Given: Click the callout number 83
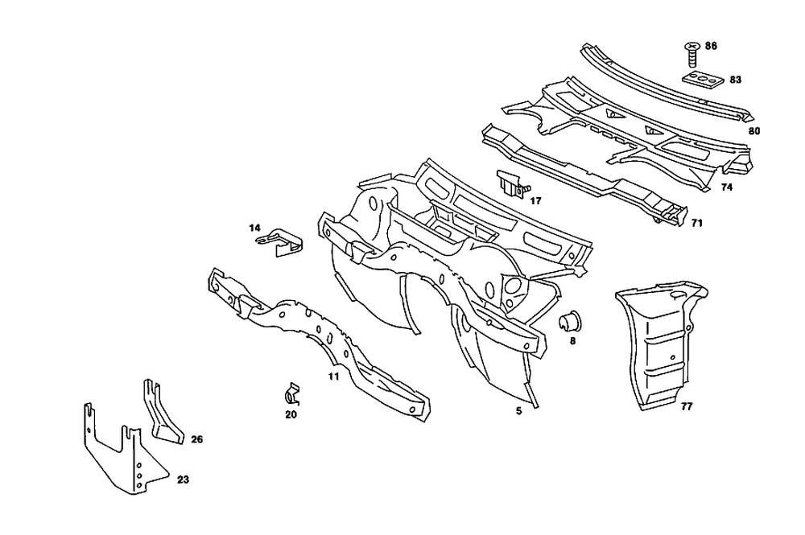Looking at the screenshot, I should click(x=736, y=80).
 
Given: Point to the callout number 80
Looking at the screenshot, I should click(x=754, y=130).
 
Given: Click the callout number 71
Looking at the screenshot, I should click(x=697, y=223).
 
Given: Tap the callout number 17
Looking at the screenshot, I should click(x=535, y=200).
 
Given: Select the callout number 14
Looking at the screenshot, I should click(x=255, y=228).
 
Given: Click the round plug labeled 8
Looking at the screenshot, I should click(x=570, y=322).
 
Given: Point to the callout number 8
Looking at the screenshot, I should click(x=572, y=341).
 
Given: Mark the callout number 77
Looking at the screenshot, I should click(x=686, y=407).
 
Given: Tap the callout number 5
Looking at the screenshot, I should click(x=519, y=410).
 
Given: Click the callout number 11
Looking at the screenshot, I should click(x=333, y=376).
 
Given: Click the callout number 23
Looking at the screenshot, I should click(x=183, y=479).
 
